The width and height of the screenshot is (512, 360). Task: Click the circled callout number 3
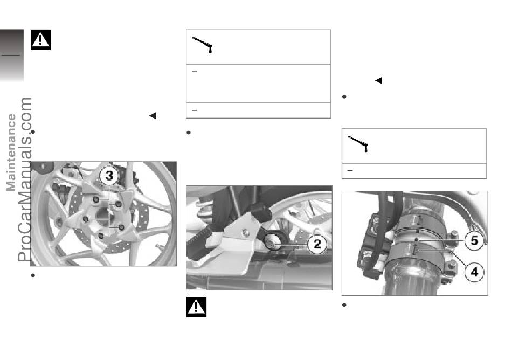[109, 176]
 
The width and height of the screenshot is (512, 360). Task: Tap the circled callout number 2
[317, 244]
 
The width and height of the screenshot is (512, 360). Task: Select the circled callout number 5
[474, 241]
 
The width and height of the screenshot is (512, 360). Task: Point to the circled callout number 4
[474, 272]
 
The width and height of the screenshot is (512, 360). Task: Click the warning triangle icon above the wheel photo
[40, 40]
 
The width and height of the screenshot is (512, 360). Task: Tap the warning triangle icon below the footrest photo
[196, 307]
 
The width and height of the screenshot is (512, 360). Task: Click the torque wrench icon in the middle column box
[203, 45]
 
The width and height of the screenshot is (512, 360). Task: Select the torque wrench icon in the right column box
[358, 143]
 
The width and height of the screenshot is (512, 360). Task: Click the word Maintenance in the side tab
[11, 153]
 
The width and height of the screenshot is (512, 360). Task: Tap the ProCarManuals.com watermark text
[25, 179]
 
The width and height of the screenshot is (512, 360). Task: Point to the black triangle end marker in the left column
[153, 115]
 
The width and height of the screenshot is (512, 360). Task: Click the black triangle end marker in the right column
[378, 80]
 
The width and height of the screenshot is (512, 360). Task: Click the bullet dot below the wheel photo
[33, 275]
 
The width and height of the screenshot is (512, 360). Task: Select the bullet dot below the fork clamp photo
[344, 305]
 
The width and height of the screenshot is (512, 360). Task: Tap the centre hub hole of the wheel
[103, 217]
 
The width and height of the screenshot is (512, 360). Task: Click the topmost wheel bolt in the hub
[96, 199]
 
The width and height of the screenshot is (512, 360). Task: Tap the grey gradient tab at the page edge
[12, 55]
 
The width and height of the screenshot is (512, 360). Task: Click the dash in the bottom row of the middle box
[194, 110]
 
